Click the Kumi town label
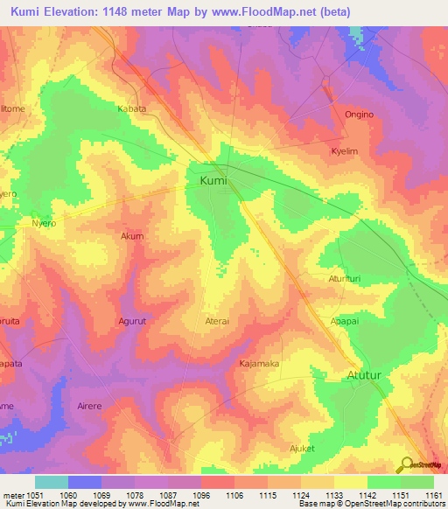click(213, 181)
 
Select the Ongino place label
click(358, 115)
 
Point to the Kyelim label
click(346, 151)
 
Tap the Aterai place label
click(217, 321)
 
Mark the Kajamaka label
click(259, 362)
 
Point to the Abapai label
click(344, 321)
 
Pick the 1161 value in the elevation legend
click(433, 494)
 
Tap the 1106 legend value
click(235, 494)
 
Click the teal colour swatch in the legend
click(51, 482)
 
